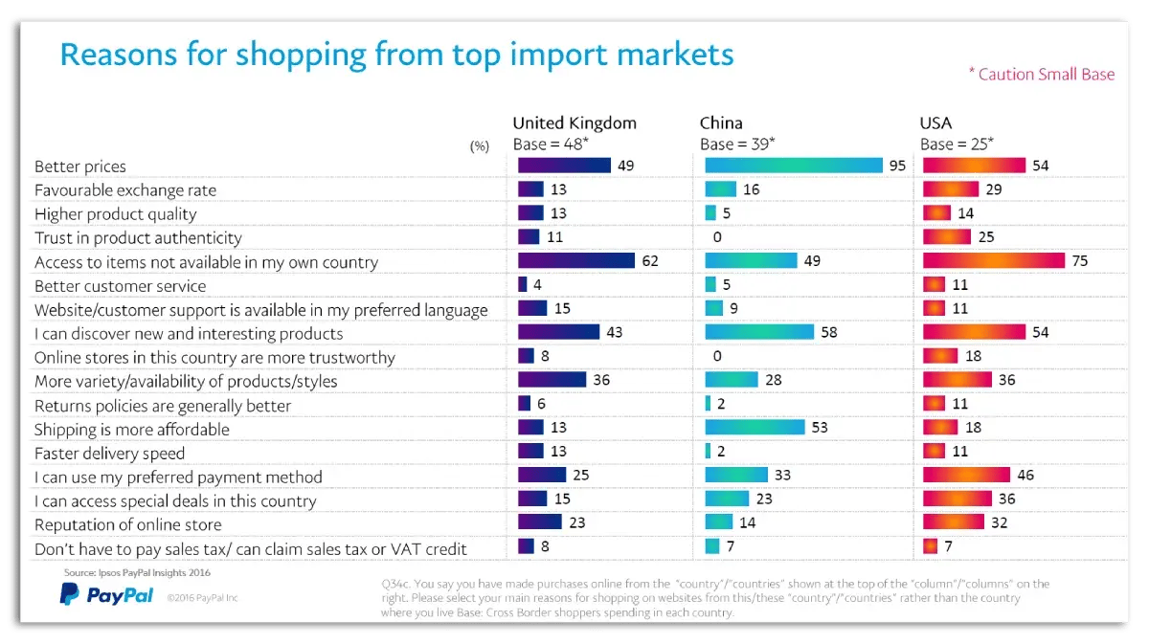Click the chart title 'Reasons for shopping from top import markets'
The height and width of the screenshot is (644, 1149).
tap(396, 54)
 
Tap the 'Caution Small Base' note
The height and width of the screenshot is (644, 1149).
tap(1041, 74)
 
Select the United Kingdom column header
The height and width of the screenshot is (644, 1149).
tap(574, 122)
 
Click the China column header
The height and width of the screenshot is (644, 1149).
tap(721, 122)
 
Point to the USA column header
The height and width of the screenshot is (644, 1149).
tap(935, 122)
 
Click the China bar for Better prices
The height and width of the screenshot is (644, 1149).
tap(793, 166)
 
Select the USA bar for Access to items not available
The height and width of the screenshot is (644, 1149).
tap(993, 261)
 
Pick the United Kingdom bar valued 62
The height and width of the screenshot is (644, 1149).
tap(575, 261)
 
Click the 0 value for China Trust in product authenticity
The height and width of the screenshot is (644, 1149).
tap(717, 237)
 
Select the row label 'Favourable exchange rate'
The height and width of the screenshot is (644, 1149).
tap(125, 189)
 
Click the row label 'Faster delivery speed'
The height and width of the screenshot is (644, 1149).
tap(109, 453)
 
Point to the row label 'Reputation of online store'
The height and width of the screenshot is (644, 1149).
tap(127, 524)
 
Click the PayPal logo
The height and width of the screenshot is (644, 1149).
tap(106, 595)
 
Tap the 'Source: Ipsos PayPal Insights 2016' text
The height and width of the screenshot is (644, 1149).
tap(137, 572)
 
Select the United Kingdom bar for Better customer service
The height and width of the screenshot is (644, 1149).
tap(522, 285)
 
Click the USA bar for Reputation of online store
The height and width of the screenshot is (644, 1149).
tap(952, 523)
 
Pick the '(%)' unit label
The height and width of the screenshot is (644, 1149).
tap(479, 146)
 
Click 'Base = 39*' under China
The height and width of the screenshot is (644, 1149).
tap(737, 144)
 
